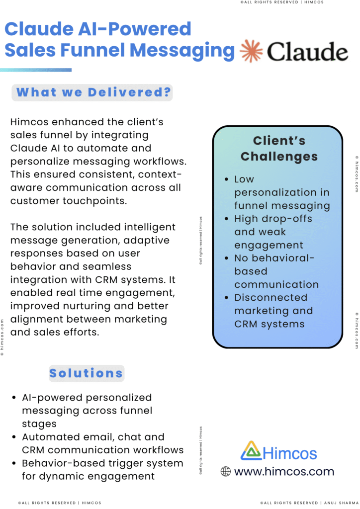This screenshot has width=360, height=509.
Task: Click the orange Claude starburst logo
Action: click(251, 51)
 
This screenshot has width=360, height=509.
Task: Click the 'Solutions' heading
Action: click(86, 373)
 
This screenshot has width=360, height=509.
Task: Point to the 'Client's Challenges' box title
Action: click(278, 148)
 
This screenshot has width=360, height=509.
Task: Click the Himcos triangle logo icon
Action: click(251, 450)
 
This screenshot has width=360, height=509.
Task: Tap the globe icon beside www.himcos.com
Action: click(226, 471)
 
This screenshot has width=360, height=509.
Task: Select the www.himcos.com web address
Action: click(284, 471)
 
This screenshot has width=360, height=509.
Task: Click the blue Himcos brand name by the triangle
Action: click(289, 453)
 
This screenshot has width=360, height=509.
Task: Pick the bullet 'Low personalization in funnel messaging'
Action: click(282, 192)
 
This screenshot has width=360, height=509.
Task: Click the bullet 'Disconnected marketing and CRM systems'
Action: click(273, 311)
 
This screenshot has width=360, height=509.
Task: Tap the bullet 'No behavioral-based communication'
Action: click(276, 271)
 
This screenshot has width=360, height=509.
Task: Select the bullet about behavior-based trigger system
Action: click(102, 470)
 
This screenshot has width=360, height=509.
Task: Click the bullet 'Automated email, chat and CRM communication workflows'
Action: click(102, 443)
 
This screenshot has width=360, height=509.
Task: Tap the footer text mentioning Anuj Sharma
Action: click(308, 503)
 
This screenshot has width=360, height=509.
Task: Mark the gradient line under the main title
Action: click(36, 70)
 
